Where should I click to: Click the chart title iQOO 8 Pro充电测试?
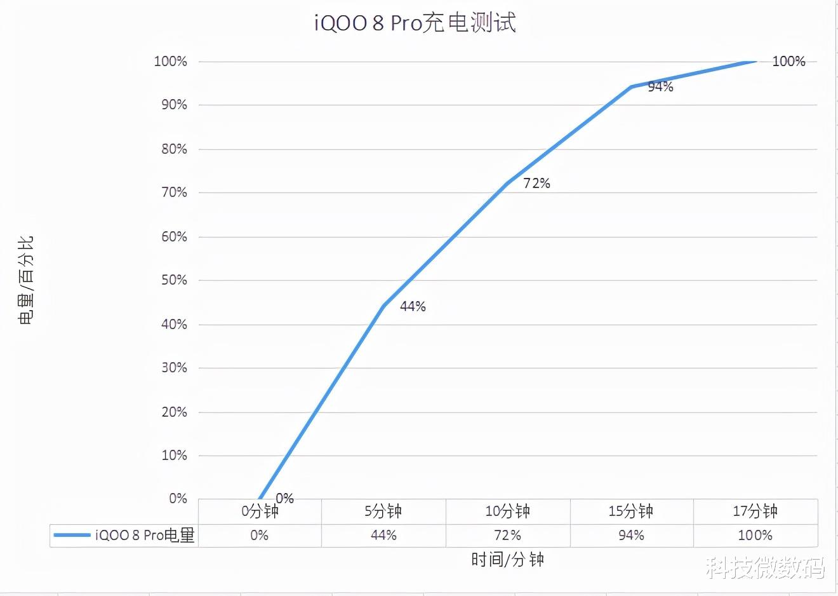[x=415, y=23]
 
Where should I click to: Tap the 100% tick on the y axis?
[x=170, y=62]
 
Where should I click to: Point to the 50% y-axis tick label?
[x=174, y=280]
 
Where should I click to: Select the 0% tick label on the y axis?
[x=178, y=499]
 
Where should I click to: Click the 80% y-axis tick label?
[x=174, y=149]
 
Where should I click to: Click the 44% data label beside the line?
[x=413, y=307]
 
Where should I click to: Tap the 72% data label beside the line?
[x=536, y=184]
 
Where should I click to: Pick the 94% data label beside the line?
[x=660, y=87]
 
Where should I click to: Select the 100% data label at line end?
[x=788, y=62]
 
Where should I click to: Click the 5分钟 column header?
[x=383, y=511]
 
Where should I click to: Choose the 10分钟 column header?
[x=507, y=511]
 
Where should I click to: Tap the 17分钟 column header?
[x=755, y=511]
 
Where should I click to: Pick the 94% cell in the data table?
[x=631, y=536]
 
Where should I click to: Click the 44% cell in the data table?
[x=383, y=536]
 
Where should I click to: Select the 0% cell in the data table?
[x=259, y=536]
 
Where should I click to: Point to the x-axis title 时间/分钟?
[x=507, y=560]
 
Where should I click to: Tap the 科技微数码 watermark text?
[x=765, y=567]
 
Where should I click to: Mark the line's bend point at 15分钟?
[x=632, y=86]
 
